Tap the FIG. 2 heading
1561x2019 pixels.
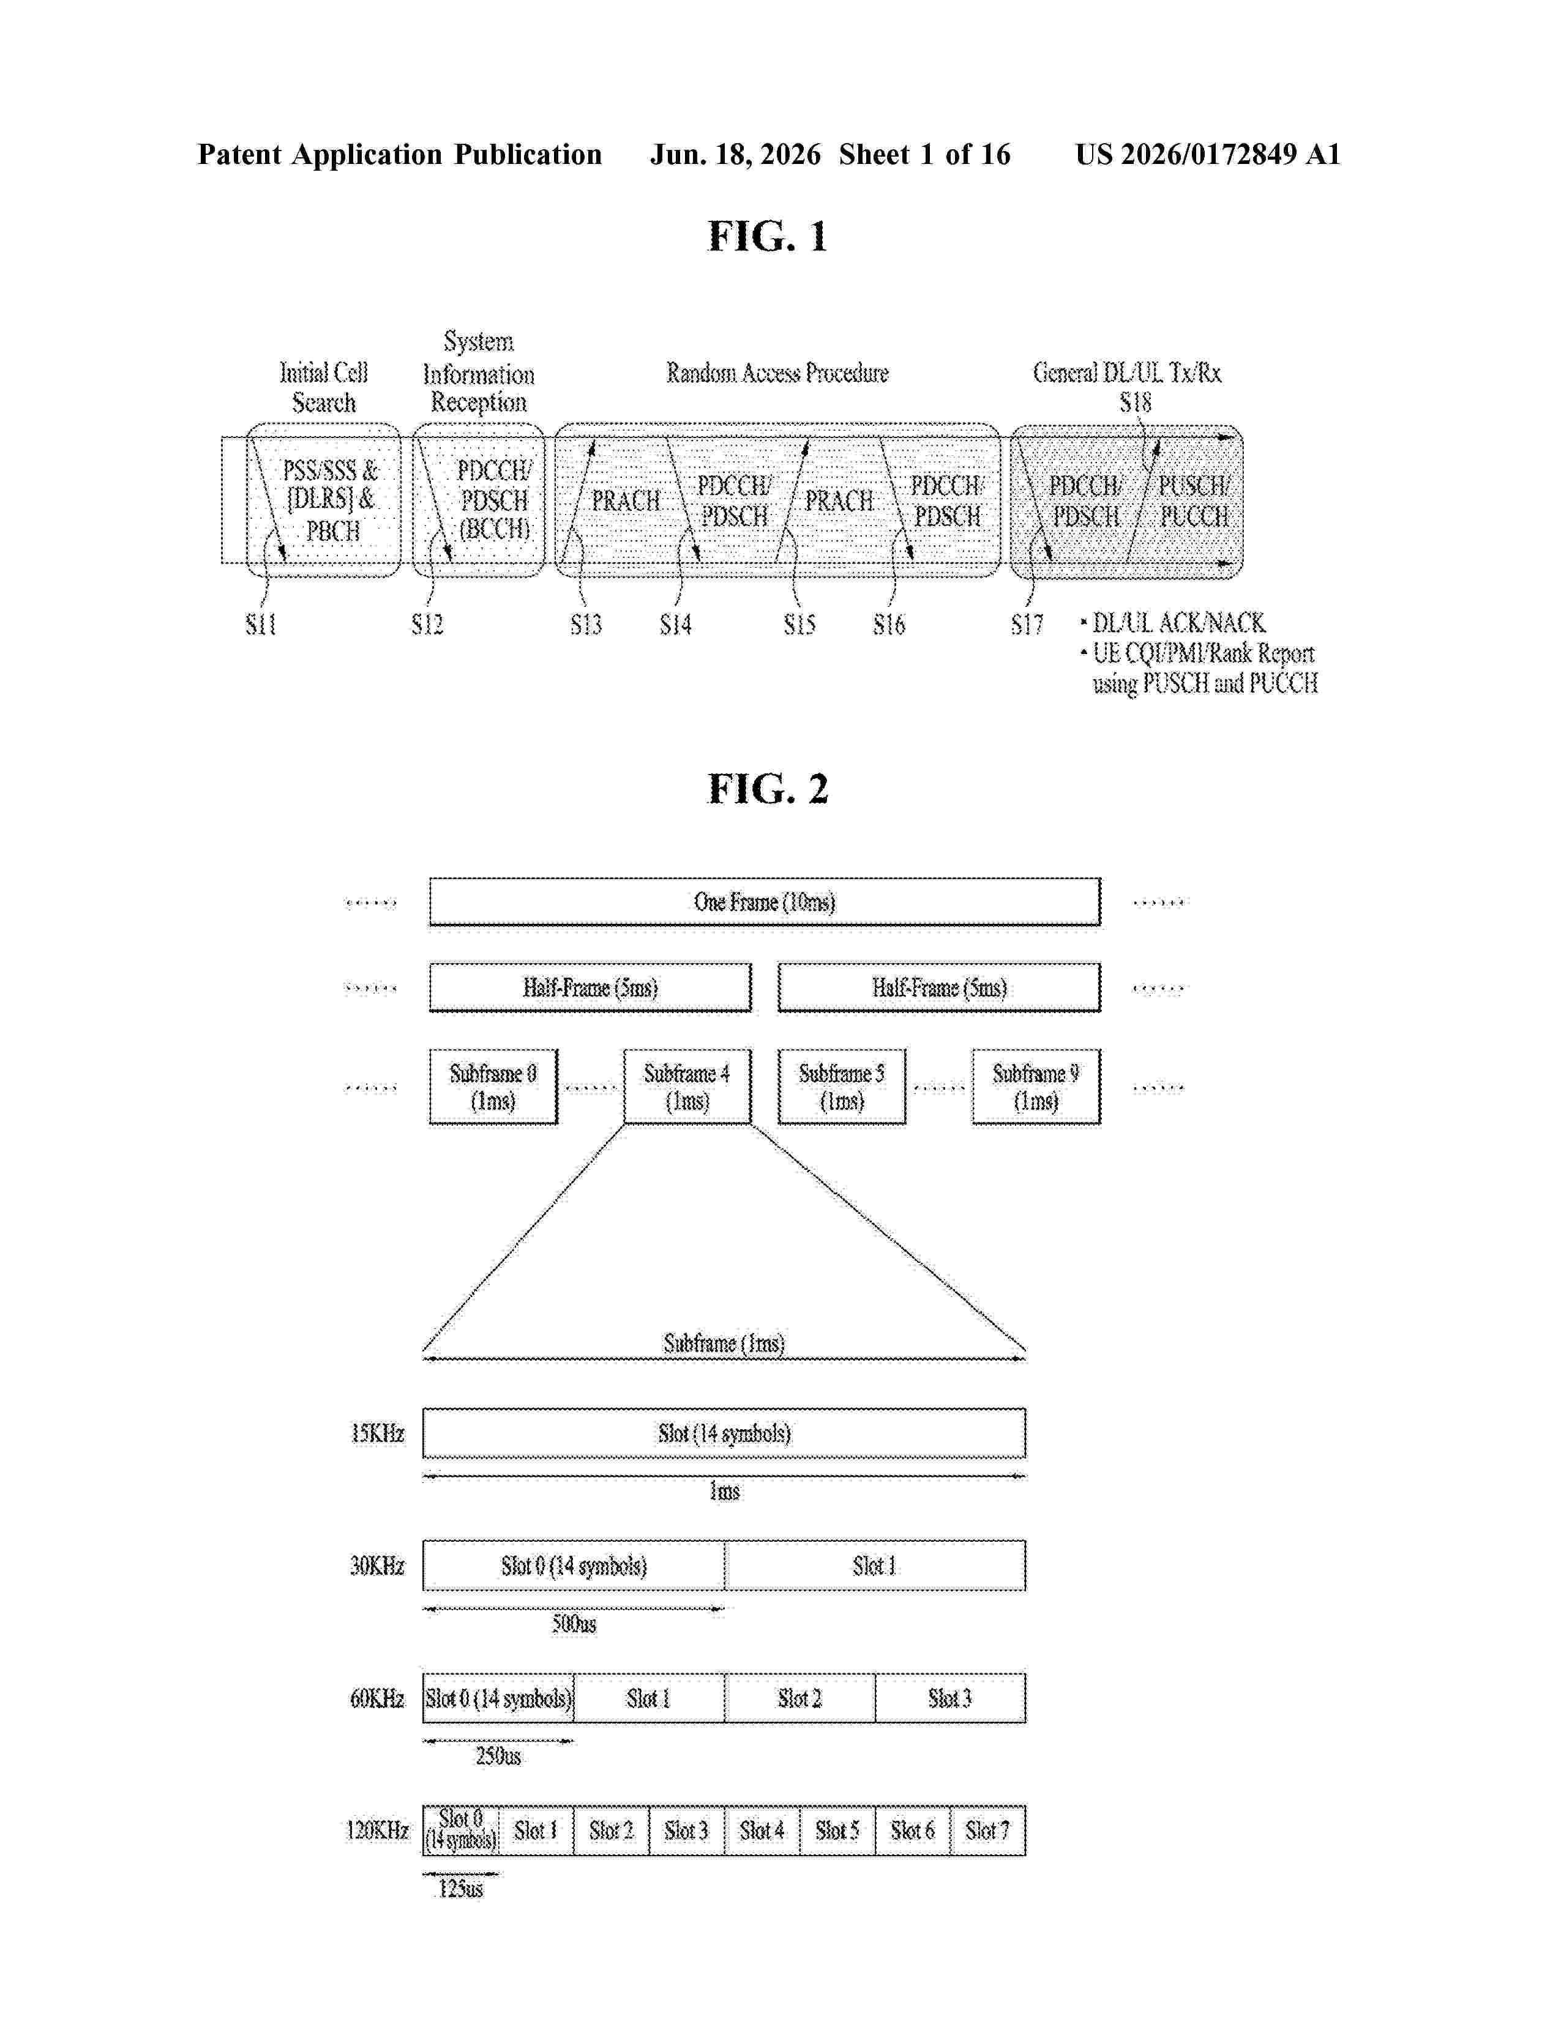768,789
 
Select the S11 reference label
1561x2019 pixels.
261,625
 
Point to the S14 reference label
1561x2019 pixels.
675,625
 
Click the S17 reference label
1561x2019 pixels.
1027,625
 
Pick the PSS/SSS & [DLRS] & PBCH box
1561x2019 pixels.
324,500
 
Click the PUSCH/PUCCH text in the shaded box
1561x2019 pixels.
1194,501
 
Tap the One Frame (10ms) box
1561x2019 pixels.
765,901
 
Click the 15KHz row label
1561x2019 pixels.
377,1433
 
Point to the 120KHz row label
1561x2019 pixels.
377,1829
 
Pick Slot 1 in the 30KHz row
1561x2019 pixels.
875,1565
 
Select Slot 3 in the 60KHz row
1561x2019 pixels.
949,1697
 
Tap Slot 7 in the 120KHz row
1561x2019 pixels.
987,1829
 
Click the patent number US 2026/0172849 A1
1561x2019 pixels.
1208,154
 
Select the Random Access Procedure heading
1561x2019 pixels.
777,373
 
